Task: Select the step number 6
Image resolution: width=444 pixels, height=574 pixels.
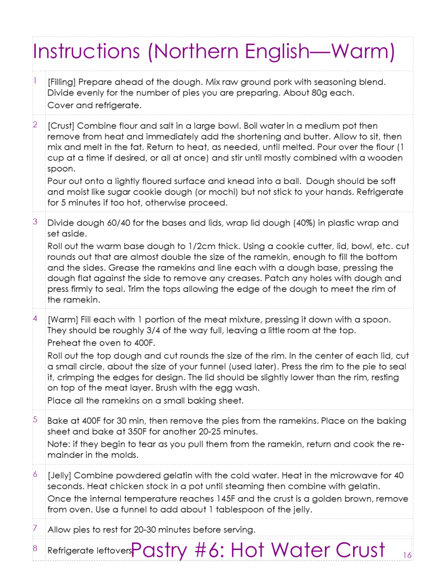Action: (35, 474)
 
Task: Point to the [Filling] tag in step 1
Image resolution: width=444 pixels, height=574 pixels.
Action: (65, 82)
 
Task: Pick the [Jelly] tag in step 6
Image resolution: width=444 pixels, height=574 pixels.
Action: (63, 475)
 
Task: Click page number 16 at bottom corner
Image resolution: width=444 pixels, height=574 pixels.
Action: (407, 555)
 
